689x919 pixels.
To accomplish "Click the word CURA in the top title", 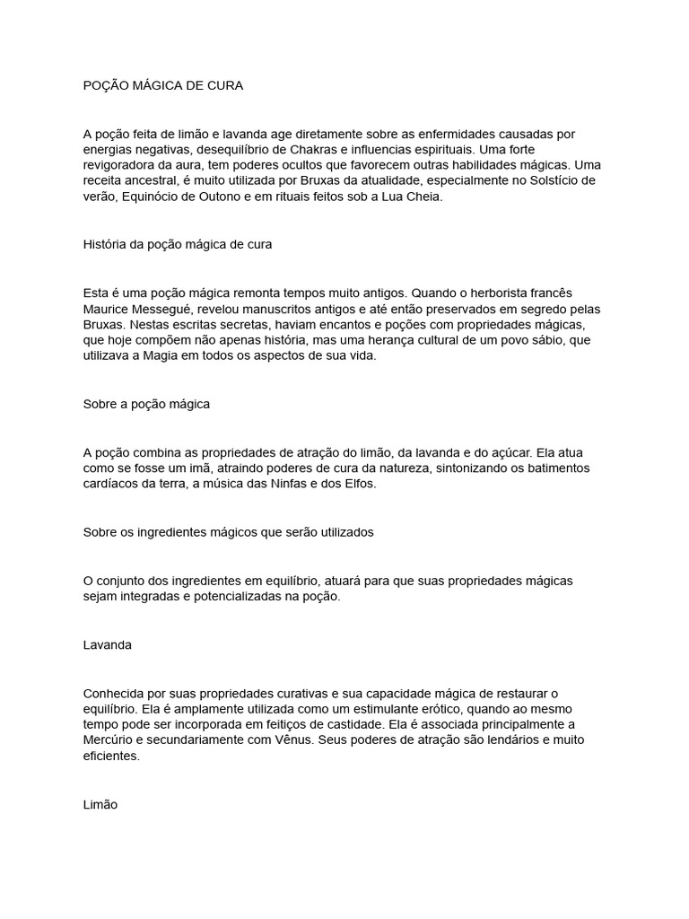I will pos(223,85).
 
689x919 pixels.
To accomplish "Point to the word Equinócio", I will pos(153,197).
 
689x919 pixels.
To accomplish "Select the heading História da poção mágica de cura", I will pos(177,244).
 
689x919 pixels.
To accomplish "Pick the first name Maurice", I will pos(106,309).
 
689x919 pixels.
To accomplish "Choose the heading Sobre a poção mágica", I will pos(146,404).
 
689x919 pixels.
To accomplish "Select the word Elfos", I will pos(384,485).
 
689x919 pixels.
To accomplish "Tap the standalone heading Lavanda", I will pos(107,645).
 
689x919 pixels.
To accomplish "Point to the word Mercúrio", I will pos(111,740).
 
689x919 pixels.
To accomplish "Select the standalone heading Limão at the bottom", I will pos(100,805).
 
